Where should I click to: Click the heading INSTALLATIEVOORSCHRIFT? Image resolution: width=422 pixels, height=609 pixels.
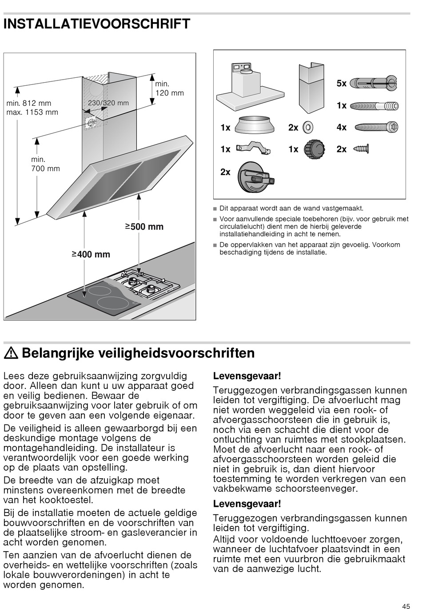(97, 24)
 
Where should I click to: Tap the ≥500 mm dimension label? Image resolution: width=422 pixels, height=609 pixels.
(144, 227)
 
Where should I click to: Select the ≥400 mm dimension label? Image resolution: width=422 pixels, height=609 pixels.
(91, 254)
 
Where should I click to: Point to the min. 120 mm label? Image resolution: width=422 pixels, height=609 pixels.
(169, 88)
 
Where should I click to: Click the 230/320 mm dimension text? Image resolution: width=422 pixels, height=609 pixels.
(108, 103)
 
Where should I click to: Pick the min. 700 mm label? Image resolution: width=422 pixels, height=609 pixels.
(45, 164)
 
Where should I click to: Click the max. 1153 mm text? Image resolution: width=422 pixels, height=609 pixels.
(32, 112)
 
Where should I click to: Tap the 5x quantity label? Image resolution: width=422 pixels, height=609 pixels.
(341, 83)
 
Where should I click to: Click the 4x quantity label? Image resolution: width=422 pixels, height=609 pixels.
(341, 128)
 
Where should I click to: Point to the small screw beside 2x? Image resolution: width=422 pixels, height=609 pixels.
(362, 148)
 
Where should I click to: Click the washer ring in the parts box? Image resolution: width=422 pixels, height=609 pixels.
(307, 128)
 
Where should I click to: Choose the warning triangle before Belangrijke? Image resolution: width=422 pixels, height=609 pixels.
(12, 353)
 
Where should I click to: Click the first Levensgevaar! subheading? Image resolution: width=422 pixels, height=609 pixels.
(247, 376)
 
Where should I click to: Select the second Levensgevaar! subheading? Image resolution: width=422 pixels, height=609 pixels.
(247, 504)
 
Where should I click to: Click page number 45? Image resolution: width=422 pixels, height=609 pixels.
(406, 605)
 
